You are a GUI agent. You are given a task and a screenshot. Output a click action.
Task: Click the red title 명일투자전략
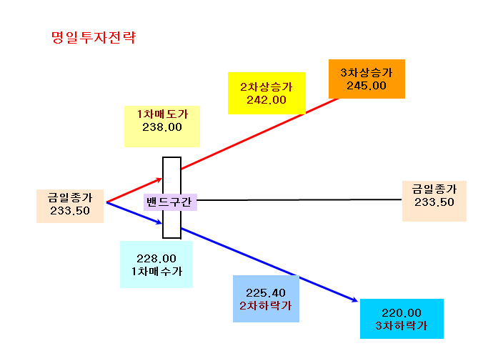click(94, 38)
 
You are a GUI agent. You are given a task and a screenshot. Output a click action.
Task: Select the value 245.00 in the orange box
click(367, 86)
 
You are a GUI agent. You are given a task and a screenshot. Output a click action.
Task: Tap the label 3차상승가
click(367, 73)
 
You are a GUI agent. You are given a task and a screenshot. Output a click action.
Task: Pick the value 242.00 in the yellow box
click(267, 100)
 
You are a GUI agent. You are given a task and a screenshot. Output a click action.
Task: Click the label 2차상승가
click(267, 87)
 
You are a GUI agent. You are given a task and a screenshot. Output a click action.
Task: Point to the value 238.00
click(162, 127)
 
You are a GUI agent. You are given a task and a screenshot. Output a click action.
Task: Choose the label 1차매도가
click(162, 114)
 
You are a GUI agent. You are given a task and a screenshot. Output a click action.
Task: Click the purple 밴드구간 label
click(169, 202)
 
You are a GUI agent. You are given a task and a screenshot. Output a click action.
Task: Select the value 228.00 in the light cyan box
click(156, 258)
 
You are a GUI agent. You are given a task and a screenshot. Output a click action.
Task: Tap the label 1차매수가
click(156, 272)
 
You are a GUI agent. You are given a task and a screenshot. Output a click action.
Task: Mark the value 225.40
click(266, 292)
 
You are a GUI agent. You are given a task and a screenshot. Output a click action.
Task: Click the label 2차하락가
click(266, 305)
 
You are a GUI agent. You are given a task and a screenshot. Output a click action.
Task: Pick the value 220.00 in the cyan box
click(402, 313)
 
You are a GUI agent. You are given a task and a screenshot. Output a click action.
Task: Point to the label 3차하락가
click(402, 326)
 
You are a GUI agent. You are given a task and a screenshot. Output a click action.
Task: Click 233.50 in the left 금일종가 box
click(70, 211)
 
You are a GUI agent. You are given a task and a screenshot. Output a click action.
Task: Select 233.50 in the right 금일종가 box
click(434, 202)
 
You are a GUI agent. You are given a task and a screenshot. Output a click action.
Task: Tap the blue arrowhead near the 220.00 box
click(354, 300)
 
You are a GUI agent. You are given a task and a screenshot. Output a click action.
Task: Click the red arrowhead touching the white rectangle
click(159, 179)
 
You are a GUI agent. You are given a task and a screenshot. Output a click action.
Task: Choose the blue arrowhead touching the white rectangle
click(159, 222)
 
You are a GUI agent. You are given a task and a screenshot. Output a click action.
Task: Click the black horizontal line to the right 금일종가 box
click(299, 200)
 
